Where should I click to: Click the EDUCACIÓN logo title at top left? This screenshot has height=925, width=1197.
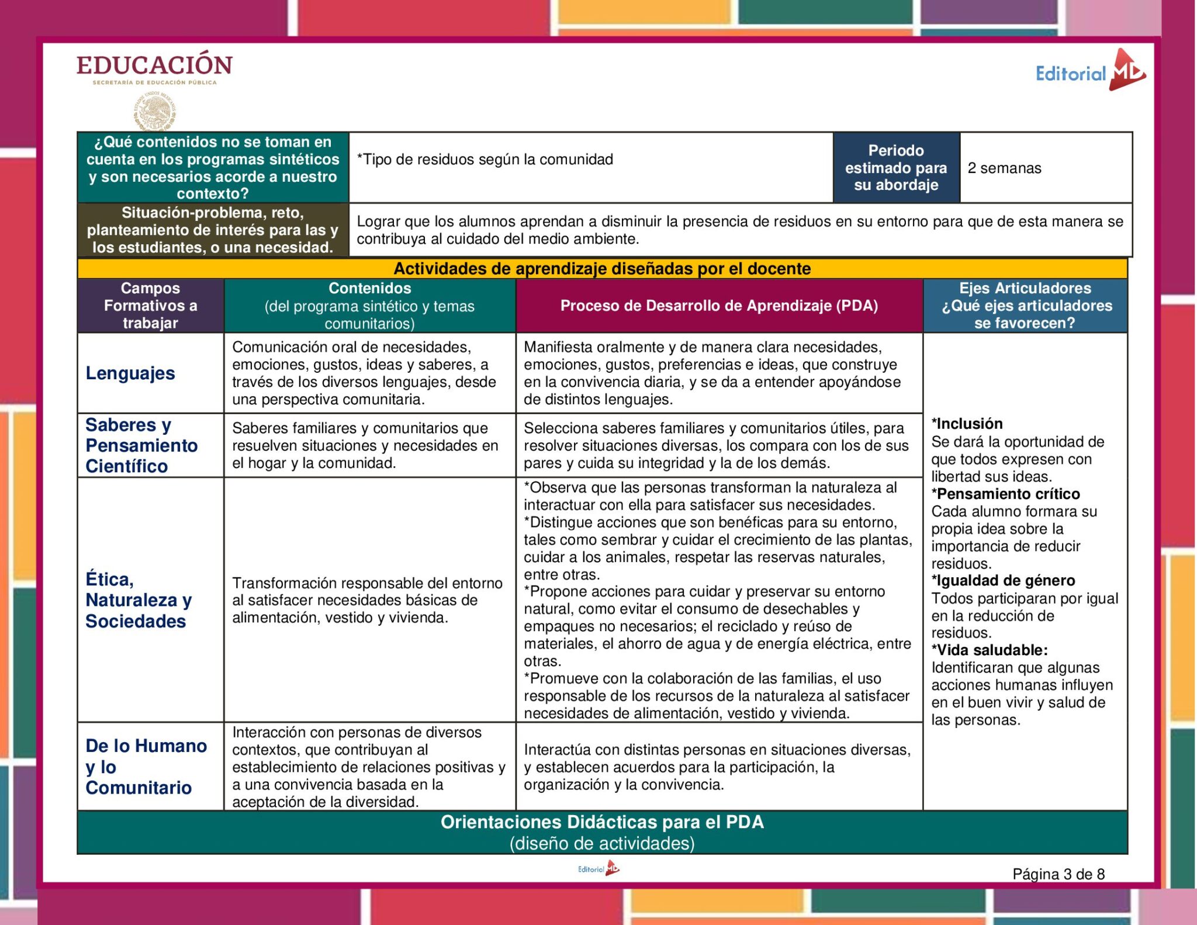coord(154,65)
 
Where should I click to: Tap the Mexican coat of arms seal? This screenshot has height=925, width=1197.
coord(155,112)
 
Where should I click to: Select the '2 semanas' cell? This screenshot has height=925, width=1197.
coord(1004,168)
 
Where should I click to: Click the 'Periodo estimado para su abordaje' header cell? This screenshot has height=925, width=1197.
coord(895,168)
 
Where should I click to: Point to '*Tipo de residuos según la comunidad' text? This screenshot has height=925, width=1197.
coord(485,160)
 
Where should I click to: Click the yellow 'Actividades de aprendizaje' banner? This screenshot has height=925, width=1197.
coord(602,269)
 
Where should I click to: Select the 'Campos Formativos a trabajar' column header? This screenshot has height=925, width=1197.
coord(150,306)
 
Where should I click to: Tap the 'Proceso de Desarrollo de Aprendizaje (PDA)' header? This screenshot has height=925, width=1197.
coord(719,306)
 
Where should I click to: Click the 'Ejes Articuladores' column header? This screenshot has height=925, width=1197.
coord(1025,306)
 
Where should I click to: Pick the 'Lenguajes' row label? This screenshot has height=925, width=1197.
coord(130,373)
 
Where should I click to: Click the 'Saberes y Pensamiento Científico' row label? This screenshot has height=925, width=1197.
coord(141,445)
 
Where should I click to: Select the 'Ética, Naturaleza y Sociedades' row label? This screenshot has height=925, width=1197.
coord(139,600)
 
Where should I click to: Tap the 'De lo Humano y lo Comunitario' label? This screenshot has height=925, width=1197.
coord(146,767)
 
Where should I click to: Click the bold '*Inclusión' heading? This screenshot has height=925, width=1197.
coord(967,424)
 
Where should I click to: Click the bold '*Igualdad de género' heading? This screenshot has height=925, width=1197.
coord(1003,581)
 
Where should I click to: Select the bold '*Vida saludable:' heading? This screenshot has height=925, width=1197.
coord(990,650)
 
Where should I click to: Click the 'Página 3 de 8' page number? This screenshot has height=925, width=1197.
coord(1058,874)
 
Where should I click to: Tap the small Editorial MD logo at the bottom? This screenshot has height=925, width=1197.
coord(598,869)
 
